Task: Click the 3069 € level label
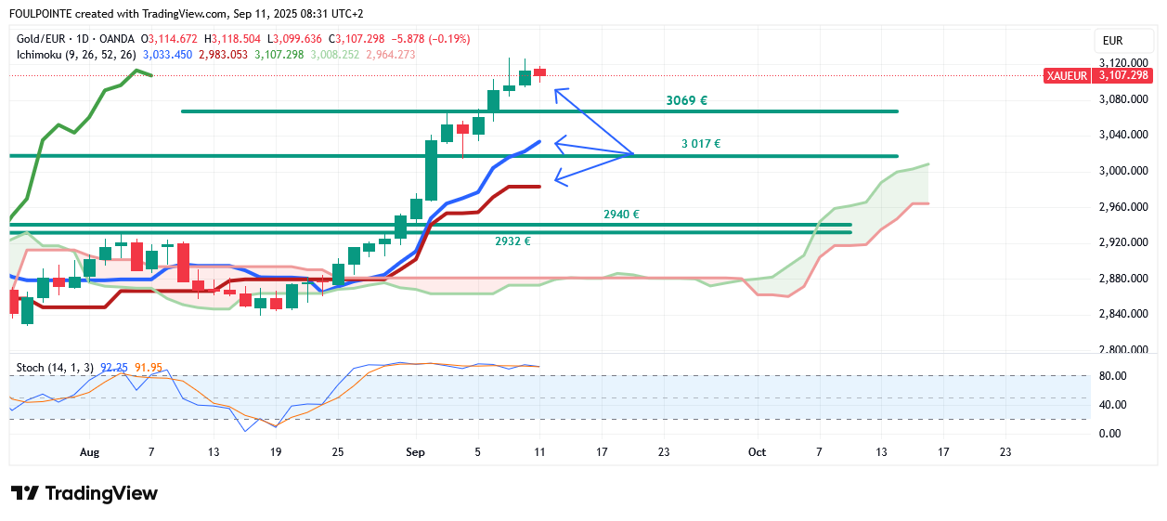click(x=687, y=100)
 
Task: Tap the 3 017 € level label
click(x=700, y=144)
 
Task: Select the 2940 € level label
click(x=621, y=215)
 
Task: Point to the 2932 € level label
click(x=512, y=241)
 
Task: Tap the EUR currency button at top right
click(x=1112, y=40)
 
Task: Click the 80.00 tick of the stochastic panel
click(x=1112, y=376)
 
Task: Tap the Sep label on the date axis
click(x=416, y=452)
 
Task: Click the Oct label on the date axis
click(x=757, y=452)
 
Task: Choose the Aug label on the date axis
click(x=89, y=452)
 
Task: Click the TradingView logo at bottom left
click(x=84, y=494)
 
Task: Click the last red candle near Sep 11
click(x=539, y=72)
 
